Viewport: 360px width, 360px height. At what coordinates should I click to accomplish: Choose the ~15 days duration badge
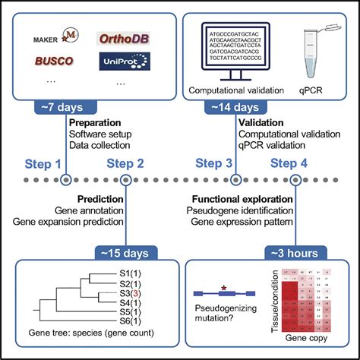point(125,251)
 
